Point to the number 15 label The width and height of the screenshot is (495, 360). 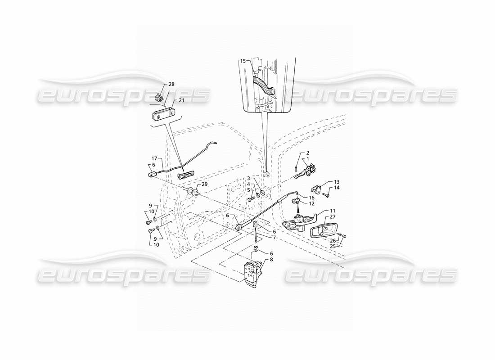point(243,61)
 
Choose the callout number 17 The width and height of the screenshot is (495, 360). point(154,158)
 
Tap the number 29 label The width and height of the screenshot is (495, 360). point(205,185)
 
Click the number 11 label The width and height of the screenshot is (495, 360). point(333,211)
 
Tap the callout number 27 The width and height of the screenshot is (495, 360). point(333,217)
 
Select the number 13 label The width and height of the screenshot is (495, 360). point(337,182)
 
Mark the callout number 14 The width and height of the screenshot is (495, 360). point(337,188)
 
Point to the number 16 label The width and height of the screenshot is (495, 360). point(311,198)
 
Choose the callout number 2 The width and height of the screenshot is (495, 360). point(307,153)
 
